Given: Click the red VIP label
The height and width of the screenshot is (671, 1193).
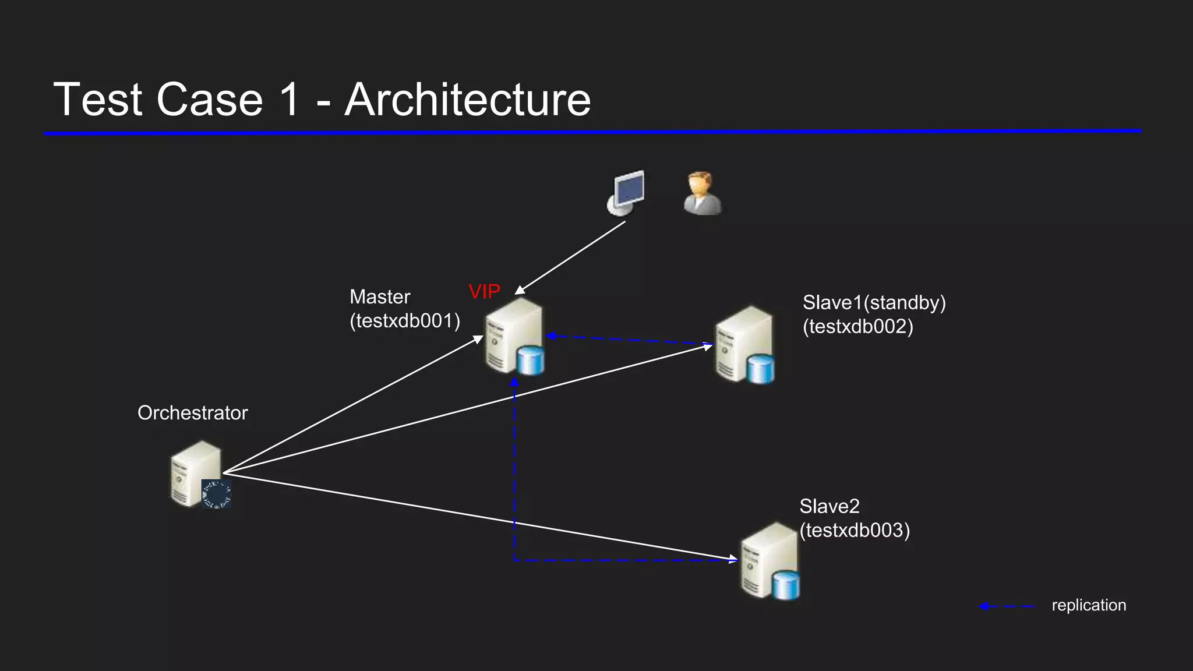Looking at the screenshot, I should pos(484,291).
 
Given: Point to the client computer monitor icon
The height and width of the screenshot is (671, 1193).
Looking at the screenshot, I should pos(626,192).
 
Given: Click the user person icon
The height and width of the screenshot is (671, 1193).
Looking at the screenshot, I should pos(703,193).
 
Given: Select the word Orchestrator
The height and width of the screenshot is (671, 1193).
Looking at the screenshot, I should pos(192,413).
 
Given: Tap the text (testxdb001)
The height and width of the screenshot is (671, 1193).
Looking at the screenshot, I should pos(405,321).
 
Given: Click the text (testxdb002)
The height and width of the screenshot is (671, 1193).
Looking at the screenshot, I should pos(857,327).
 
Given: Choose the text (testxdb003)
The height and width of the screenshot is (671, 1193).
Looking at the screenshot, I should pos(854,531).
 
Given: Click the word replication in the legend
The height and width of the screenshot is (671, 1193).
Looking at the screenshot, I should pos(1088,605).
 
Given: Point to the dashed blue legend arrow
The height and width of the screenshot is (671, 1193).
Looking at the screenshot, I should pos(1007,606).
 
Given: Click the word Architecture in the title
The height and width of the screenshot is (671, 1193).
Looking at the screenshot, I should pos(468,100).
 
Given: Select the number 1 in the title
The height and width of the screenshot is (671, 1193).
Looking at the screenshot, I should pos(289,100).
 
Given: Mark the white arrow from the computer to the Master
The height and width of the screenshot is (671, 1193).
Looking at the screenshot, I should pos(571,257).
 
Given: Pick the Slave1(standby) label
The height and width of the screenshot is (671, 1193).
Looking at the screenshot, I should pos(874,303).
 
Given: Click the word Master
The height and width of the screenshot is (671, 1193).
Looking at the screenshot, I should pos(380,297).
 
